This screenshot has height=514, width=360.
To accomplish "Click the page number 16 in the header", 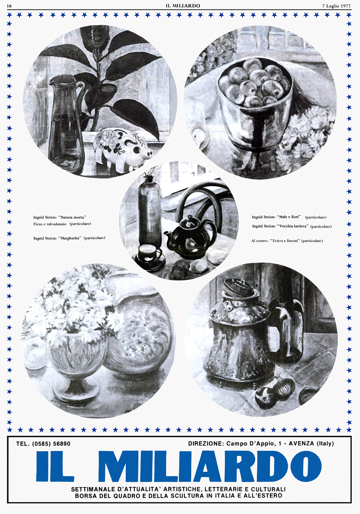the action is tap(9, 6).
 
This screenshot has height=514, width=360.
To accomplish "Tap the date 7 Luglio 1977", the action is tap(337, 6).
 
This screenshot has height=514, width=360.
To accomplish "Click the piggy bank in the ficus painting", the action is tap(124, 147).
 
